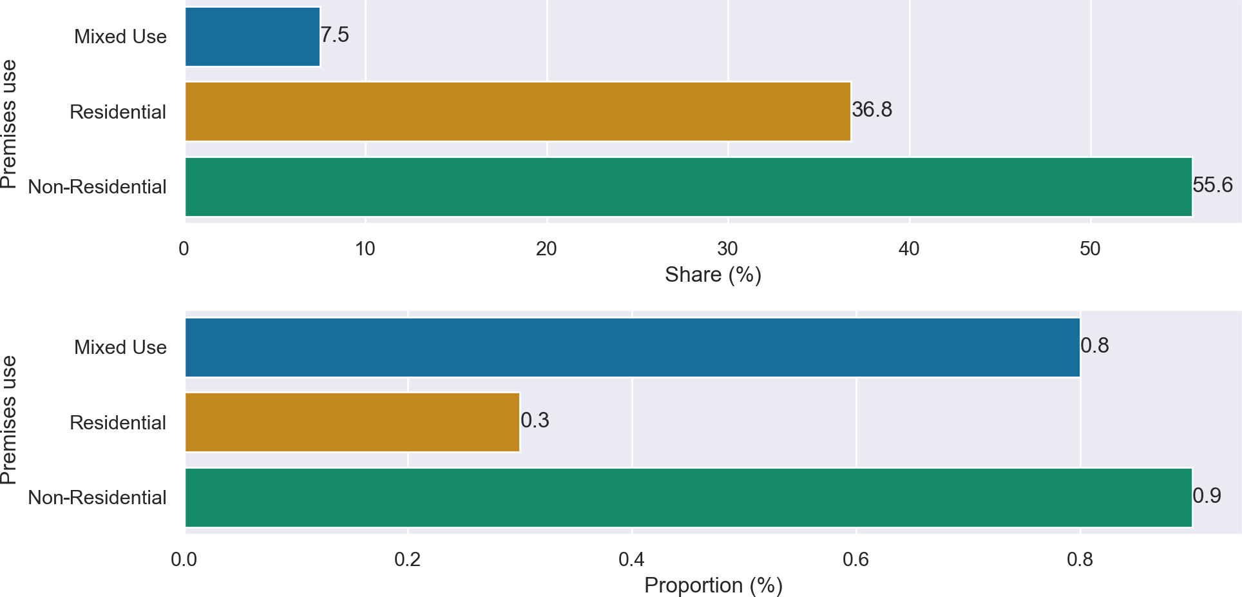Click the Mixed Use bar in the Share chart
(x=253, y=37)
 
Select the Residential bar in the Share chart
(x=518, y=112)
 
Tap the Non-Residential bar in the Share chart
(x=688, y=187)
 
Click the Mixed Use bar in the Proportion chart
(x=632, y=347)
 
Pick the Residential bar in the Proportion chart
(x=352, y=422)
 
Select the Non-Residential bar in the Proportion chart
(x=688, y=498)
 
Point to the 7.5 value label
(x=335, y=35)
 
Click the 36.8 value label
(x=872, y=110)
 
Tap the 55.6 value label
(x=1212, y=186)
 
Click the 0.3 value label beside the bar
(x=535, y=420)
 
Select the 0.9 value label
(x=1207, y=496)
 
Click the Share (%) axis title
(x=713, y=275)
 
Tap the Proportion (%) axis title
(x=713, y=585)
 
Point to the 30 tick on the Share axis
(x=728, y=248)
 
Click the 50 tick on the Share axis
(x=1090, y=248)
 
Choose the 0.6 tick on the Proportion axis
(x=855, y=559)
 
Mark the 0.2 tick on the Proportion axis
(x=408, y=559)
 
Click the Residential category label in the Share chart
(x=118, y=112)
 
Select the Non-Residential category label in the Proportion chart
(x=97, y=498)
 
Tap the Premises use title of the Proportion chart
(x=9, y=420)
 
